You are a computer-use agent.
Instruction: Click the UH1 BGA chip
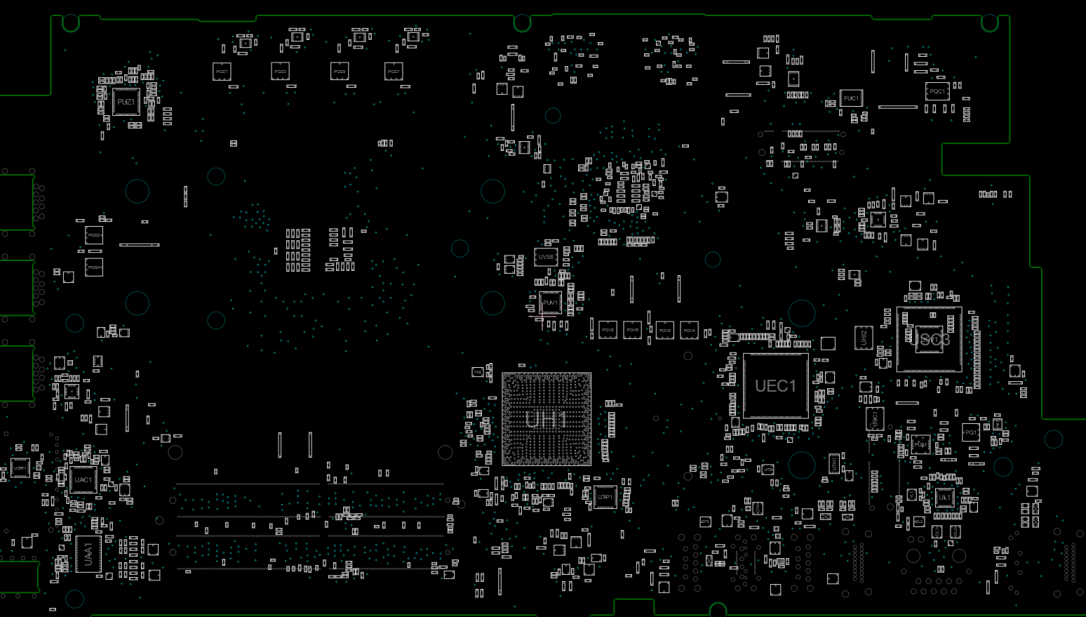click(x=547, y=419)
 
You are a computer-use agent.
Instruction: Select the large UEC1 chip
click(x=775, y=385)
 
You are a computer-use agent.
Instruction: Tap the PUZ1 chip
click(x=126, y=102)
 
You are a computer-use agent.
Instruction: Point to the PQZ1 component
click(x=222, y=72)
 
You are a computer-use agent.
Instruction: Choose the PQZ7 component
click(x=394, y=72)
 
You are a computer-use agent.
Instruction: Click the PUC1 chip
click(x=851, y=98)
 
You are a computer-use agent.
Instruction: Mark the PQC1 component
click(x=937, y=91)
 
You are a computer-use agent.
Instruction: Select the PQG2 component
click(x=94, y=235)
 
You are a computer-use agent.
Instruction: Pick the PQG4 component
click(x=94, y=267)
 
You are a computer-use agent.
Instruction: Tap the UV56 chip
click(x=546, y=257)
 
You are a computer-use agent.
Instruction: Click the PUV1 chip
click(x=550, y=303)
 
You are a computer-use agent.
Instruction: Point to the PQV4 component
click(x=689, y=330)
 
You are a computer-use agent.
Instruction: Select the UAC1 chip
click(x=83, y=480)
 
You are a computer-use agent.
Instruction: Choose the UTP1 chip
click(x=605, y=497)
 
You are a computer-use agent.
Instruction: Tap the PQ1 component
click(x=971, y=432)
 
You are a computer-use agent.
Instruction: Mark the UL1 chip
click(x=944, y=497)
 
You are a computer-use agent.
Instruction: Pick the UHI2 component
click(x=864, y=337)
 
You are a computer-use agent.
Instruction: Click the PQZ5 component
click(x=340, y=72)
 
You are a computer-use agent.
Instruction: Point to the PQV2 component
click(x=664, y=330)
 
